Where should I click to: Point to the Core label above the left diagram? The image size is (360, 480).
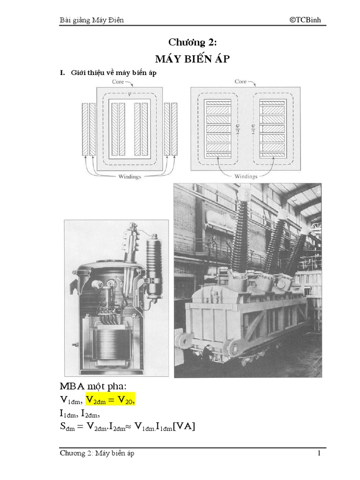coord(119,81)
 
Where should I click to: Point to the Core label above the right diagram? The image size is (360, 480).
coord(240,81)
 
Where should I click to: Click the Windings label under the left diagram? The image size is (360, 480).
coord(127,177)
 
